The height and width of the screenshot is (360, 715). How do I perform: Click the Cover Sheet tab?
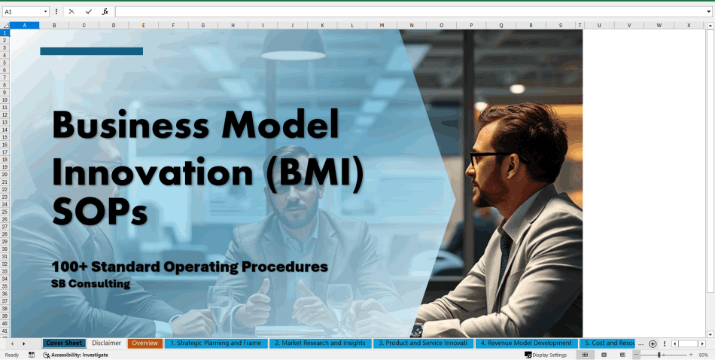pos(64,343)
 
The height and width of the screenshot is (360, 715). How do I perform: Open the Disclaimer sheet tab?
pos(106,343)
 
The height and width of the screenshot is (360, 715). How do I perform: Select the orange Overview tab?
pos(145,343)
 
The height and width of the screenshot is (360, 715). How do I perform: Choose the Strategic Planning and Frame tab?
pos(215,343)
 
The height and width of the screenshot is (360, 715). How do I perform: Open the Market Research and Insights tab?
pos(320,343)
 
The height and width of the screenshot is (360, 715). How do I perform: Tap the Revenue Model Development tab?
pos(526,343)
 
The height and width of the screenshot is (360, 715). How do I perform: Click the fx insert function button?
pos(105,12)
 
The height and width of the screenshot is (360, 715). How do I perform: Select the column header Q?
pos(500,26)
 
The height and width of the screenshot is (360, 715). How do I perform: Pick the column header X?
pos(688,26)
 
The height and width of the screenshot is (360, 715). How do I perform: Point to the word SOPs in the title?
pos(99,214)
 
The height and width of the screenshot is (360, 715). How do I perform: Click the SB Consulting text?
pos(91,284)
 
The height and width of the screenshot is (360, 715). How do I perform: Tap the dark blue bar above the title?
pos(91,51)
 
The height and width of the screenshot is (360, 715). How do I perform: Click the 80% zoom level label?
pos(704,355)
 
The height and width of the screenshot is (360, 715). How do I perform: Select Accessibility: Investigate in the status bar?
pos(79,355)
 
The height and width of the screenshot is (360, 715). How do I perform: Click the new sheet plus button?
pos(653,343)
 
